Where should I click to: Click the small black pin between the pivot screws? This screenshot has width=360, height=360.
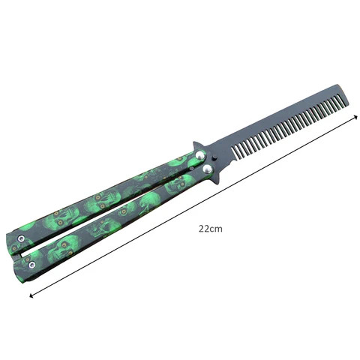coord(211,162)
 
